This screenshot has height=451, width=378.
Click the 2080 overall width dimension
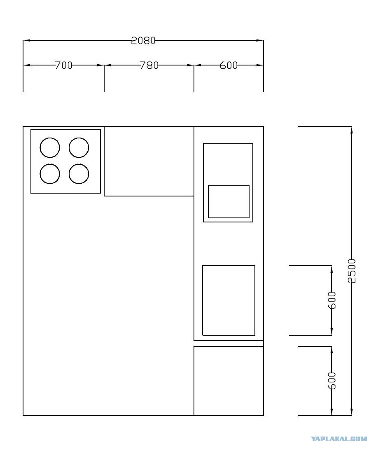[x=143, y=40]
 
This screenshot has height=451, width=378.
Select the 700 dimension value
[x=63, y=65]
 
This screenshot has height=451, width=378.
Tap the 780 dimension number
[x=149, y=65]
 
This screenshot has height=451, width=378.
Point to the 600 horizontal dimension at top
[x=229, y=65]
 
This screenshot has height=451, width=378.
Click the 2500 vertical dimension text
[x=352, y=271]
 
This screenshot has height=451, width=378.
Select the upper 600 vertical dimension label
[x=332, y=300]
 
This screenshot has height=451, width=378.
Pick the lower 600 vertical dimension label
[x=332, y=381]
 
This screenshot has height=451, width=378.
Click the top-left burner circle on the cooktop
[x=50, y=147]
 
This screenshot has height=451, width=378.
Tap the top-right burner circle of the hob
[x=79, y=147]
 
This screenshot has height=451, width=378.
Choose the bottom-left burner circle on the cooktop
[x=50, y=174]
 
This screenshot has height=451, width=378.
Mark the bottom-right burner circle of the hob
[x=79, y=174]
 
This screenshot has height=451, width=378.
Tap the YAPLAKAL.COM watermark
[x=339, y=439]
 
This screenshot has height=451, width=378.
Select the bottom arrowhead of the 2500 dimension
[x=352, y=412]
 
